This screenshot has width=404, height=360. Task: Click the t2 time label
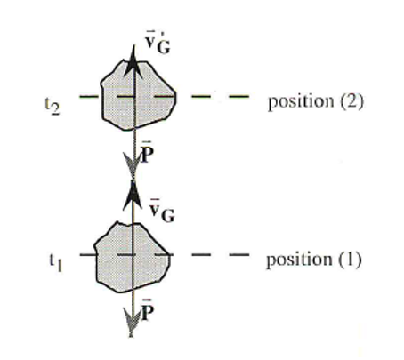53,107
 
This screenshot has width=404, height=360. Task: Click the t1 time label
56,263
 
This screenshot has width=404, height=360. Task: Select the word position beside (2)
301,102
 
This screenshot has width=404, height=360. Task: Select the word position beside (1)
299,260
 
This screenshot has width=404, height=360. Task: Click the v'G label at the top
158,43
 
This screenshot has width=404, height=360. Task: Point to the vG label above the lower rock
162,211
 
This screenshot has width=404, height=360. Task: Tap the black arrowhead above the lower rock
133,196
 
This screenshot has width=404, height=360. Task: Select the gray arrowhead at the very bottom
132,322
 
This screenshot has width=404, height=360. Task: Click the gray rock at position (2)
138,95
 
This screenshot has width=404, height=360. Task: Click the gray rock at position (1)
133,257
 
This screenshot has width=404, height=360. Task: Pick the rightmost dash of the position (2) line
238,96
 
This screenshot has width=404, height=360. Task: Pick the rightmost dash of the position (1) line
238,254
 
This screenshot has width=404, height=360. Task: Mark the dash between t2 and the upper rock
89,96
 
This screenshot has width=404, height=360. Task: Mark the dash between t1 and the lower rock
87,254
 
